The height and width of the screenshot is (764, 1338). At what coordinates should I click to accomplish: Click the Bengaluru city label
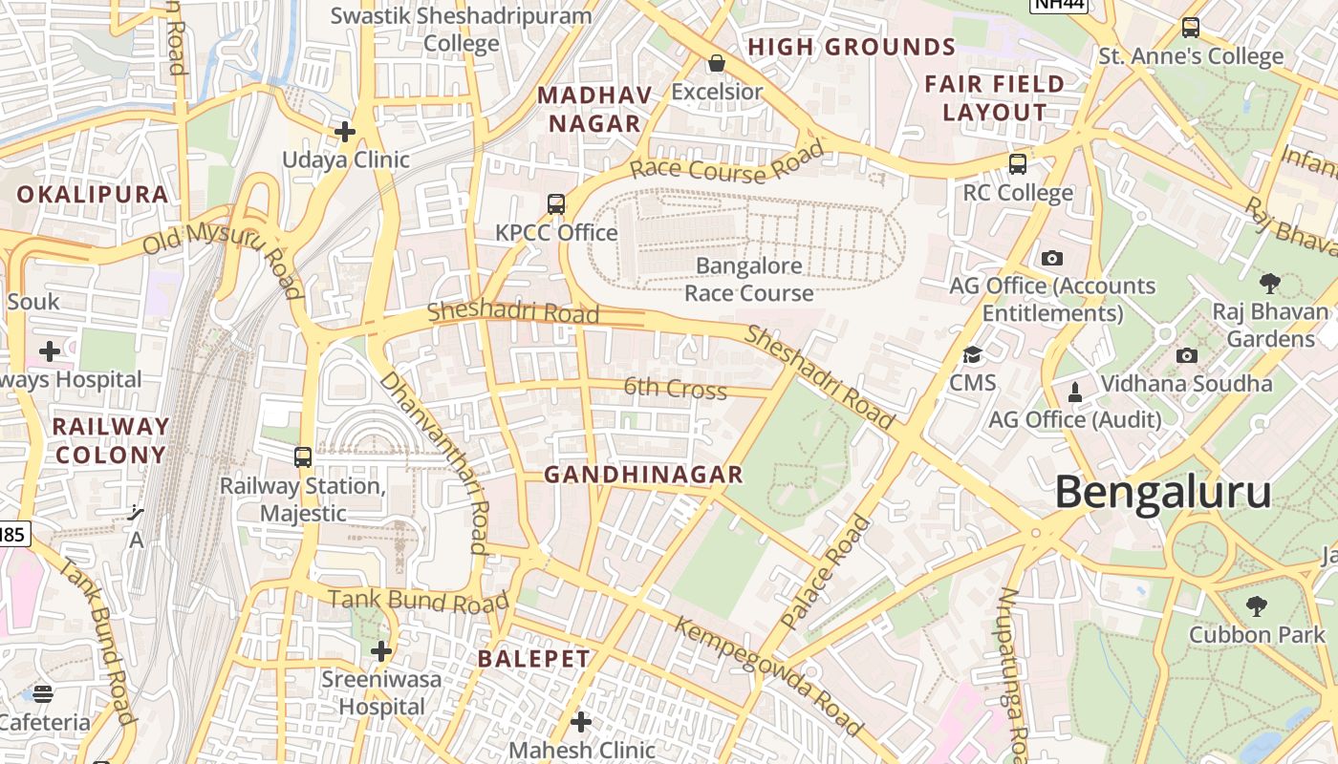tap(1162, 493)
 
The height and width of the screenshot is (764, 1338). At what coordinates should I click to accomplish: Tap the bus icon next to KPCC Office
tap(556, 203)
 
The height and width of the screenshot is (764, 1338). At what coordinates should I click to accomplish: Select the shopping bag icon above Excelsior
tap(716, 64)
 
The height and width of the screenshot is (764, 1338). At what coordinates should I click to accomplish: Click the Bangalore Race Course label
tap(748, 279)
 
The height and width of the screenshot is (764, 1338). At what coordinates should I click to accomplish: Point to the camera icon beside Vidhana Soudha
tap(1187, 355)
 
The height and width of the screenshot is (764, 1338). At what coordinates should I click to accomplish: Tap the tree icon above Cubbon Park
tap(1256, 605)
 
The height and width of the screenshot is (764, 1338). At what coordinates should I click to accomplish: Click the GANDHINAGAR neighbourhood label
tap(643, 475)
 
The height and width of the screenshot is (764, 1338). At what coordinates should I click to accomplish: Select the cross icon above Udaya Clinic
tap(345, 131)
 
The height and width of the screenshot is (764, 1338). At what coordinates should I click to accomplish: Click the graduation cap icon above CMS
tap(972, 354)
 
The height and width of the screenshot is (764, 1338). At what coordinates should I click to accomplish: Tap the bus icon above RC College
tap(1017, 164)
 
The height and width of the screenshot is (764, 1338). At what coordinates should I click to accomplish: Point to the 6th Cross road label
tap(675, 388)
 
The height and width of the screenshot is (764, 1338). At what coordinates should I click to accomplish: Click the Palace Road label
tap(827, 571)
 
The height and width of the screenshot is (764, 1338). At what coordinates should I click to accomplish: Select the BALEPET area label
tap(534, 659)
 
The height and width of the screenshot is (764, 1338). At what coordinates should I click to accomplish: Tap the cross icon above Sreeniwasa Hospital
tap(381, 651)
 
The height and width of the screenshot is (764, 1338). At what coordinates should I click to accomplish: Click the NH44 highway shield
tap(1059, 5)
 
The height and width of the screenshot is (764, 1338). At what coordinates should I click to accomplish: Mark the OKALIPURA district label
tap(93, 195)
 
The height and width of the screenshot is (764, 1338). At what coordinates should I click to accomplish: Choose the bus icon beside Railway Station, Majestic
tap(303, 457)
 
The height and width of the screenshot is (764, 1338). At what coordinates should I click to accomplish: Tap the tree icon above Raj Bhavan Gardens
tap(1269, 283)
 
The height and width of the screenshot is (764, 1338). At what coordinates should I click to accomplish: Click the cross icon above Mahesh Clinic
tap(580, 721)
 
